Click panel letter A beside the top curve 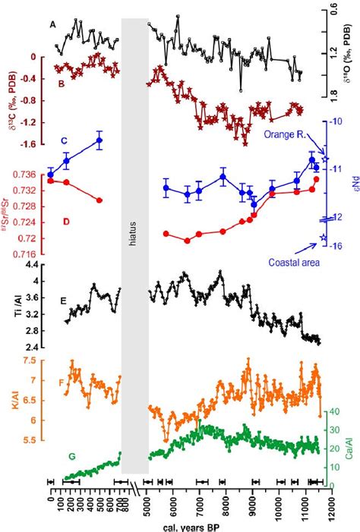(52, 24)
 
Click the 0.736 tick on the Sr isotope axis (24, 174)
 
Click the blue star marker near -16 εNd (324, 238)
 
